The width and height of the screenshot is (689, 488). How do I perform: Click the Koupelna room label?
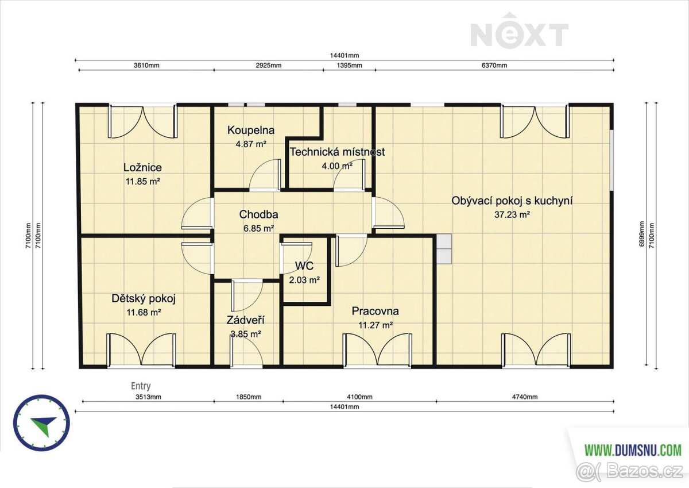(251, 130)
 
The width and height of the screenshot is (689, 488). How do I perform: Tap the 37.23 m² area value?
(512, 214)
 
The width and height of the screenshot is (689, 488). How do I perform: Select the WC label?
(304, 266)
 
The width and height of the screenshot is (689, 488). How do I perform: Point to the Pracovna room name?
(376, 311)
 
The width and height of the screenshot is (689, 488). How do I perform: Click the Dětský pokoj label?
(144, 299)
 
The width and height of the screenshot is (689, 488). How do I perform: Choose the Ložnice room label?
(142, 167)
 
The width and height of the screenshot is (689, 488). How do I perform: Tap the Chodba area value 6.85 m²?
(259, 228)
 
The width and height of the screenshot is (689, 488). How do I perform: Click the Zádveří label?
(246, 320)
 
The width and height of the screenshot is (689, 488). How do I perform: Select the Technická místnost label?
(338, 152)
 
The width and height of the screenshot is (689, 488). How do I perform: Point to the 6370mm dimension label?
(494, 66)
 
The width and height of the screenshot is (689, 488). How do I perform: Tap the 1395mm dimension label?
(350, 66)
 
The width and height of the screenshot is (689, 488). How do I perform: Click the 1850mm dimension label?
(249, 397)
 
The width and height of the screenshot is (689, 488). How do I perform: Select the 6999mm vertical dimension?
(641, 234)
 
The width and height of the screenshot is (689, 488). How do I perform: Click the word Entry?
(141, 386)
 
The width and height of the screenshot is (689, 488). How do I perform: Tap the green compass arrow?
(44, 425)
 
